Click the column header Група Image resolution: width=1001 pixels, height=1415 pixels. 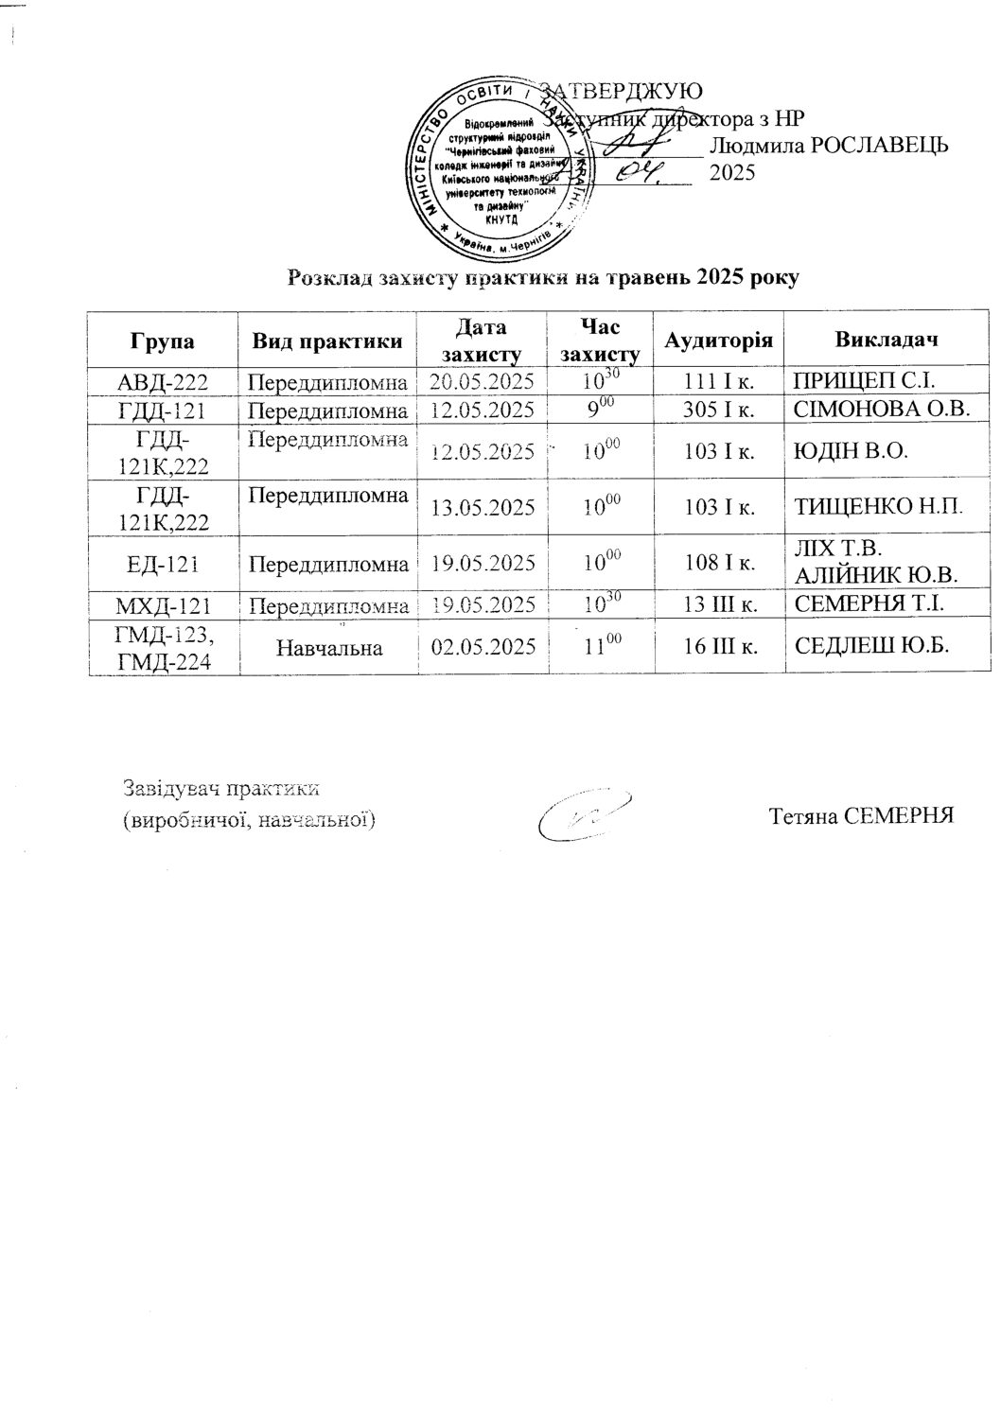click(164, 341)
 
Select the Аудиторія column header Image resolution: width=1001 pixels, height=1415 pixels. click(719, 341)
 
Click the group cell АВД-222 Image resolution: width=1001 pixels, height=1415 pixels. click(163, 382)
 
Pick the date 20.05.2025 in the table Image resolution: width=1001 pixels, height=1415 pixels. click(483, 382)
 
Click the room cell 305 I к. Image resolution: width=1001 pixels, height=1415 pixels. click(719, 411)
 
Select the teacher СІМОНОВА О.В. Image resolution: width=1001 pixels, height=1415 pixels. click(882, 411)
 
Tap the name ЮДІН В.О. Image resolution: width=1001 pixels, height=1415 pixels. click(851, 451)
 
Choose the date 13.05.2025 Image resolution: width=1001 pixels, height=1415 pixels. click(483, 508)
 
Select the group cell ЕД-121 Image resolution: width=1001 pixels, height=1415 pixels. click(163, 565)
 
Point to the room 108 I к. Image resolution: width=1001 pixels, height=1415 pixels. click(719, 565)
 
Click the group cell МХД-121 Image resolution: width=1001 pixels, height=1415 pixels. click(163, 603)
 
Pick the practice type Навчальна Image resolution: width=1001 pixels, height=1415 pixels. click(330, 647)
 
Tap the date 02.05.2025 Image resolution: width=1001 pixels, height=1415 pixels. click(483, 647)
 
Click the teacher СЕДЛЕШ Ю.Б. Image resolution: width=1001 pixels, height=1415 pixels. click(871, 646)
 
